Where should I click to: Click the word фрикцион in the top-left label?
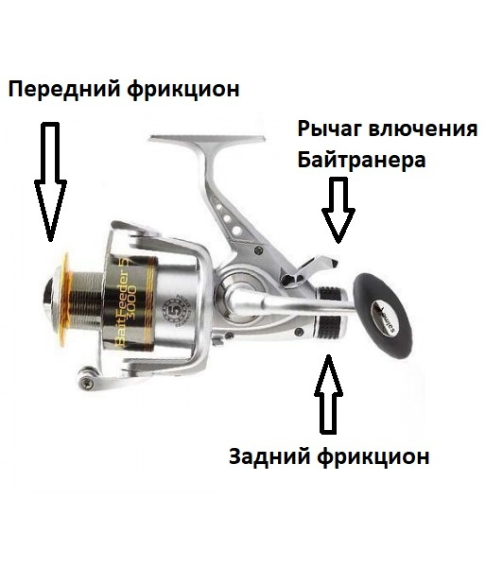(x=187, y=90)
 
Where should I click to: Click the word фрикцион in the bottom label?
(x=376, y=456)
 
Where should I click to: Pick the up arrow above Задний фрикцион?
(x=329, y=392)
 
